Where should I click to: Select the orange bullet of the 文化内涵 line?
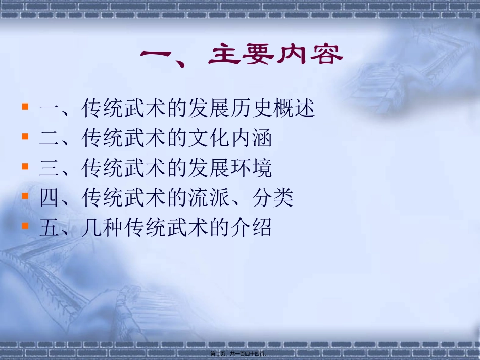(x=25, y=137)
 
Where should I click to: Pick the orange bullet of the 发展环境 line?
(x=25, y=166)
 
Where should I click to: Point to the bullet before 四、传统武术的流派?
(x=25, y=196)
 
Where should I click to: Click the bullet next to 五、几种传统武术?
(x=25, y=226)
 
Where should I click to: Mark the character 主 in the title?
(x=225, y=56)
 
